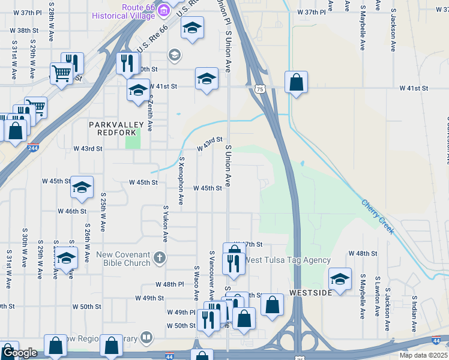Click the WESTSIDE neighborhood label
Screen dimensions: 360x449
pos(310,293)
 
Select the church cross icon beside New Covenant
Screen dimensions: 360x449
pos(158,258)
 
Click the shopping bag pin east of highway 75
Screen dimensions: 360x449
pos(296,82)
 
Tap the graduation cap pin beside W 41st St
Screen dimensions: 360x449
pos(206,79)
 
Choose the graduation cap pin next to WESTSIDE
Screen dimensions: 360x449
pos(340,279)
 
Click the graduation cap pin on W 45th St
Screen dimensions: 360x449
pos(82,187)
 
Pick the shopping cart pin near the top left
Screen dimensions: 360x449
pos(62,74)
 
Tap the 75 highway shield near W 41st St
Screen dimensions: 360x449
pos(259,89)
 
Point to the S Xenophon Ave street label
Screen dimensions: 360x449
pos(181,181)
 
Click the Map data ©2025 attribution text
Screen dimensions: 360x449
pos(424,355)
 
